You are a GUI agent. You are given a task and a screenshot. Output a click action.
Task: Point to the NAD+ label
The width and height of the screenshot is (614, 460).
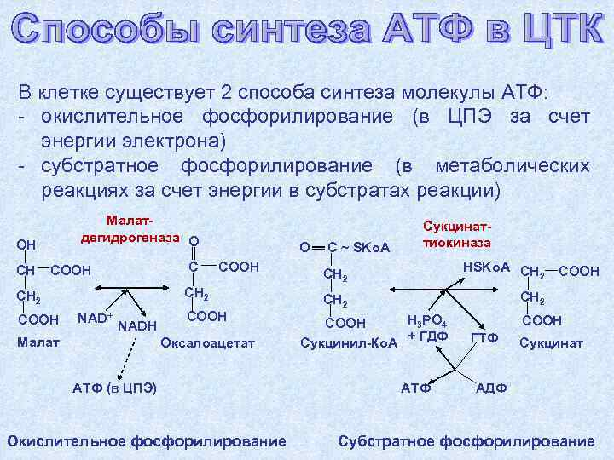(95, 319)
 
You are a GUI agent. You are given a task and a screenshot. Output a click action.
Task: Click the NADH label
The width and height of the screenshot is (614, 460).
(136, 325)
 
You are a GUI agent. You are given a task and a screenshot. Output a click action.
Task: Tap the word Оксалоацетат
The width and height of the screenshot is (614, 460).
(207, 342)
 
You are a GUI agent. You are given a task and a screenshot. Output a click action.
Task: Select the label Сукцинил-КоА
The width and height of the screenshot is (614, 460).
(345, 342)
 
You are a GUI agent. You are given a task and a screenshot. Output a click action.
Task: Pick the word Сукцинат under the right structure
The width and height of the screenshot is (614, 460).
(551, 343)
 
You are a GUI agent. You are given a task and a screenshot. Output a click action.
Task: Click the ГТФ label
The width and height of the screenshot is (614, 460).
(484, 337)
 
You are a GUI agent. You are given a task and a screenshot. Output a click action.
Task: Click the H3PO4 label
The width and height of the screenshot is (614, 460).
(427, 320)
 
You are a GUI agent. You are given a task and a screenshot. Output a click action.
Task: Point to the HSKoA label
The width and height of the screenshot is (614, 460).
(486, 267)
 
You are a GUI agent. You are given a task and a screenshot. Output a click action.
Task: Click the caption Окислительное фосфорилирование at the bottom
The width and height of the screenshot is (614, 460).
(146, 440)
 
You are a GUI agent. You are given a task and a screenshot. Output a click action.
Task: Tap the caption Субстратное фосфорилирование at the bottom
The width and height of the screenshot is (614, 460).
(466, 440)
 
